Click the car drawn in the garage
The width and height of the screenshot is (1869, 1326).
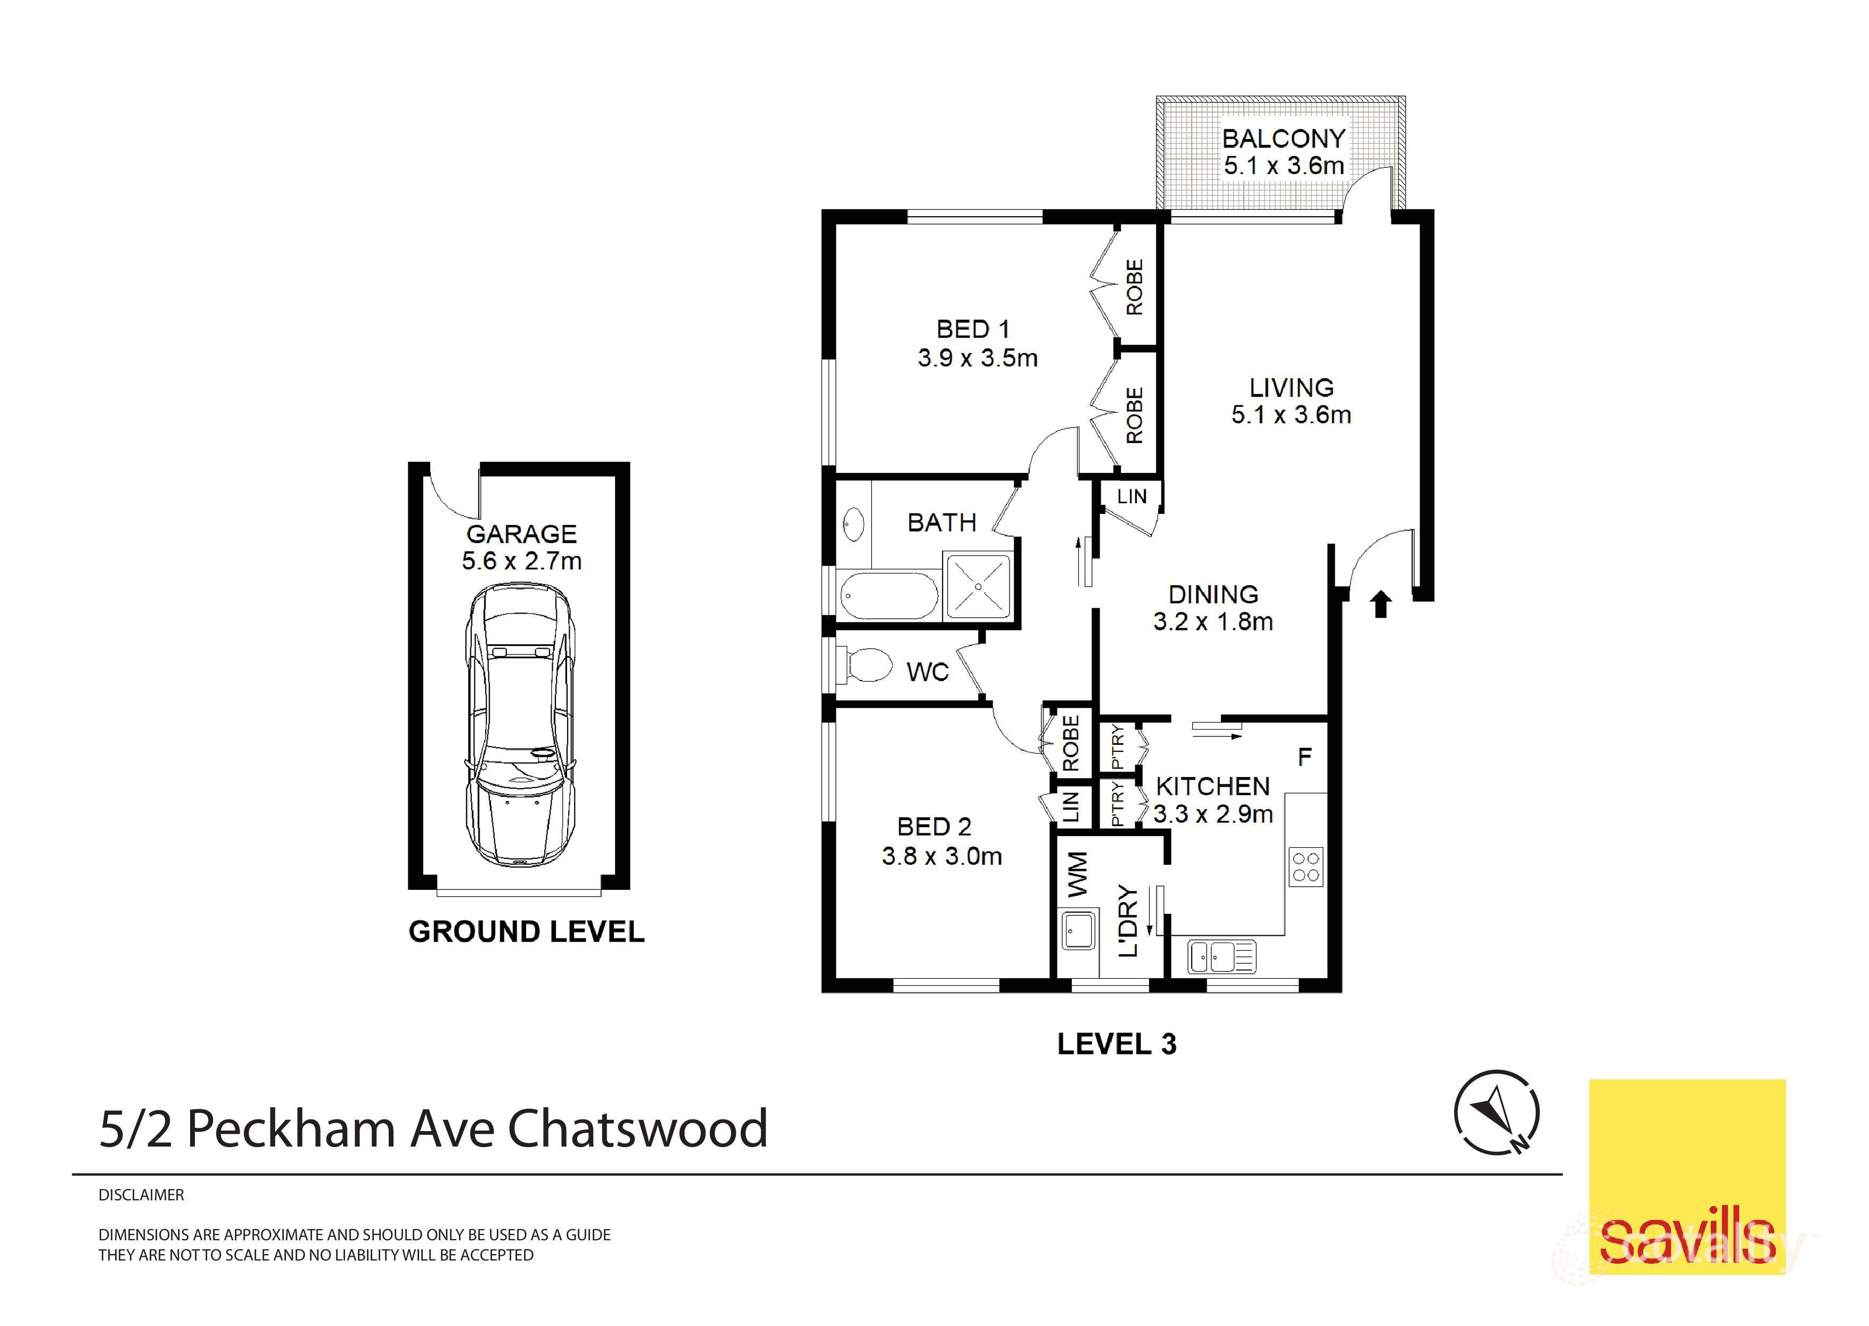519,726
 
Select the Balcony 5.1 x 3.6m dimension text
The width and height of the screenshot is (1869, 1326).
1284,166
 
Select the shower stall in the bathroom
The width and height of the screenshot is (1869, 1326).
978,586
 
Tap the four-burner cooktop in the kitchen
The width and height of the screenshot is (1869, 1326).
1306,866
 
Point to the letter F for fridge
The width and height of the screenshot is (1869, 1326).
1305,757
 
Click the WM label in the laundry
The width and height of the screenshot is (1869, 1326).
1077,874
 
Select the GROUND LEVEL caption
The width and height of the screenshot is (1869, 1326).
526,931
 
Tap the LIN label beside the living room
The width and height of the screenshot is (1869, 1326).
1131,496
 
